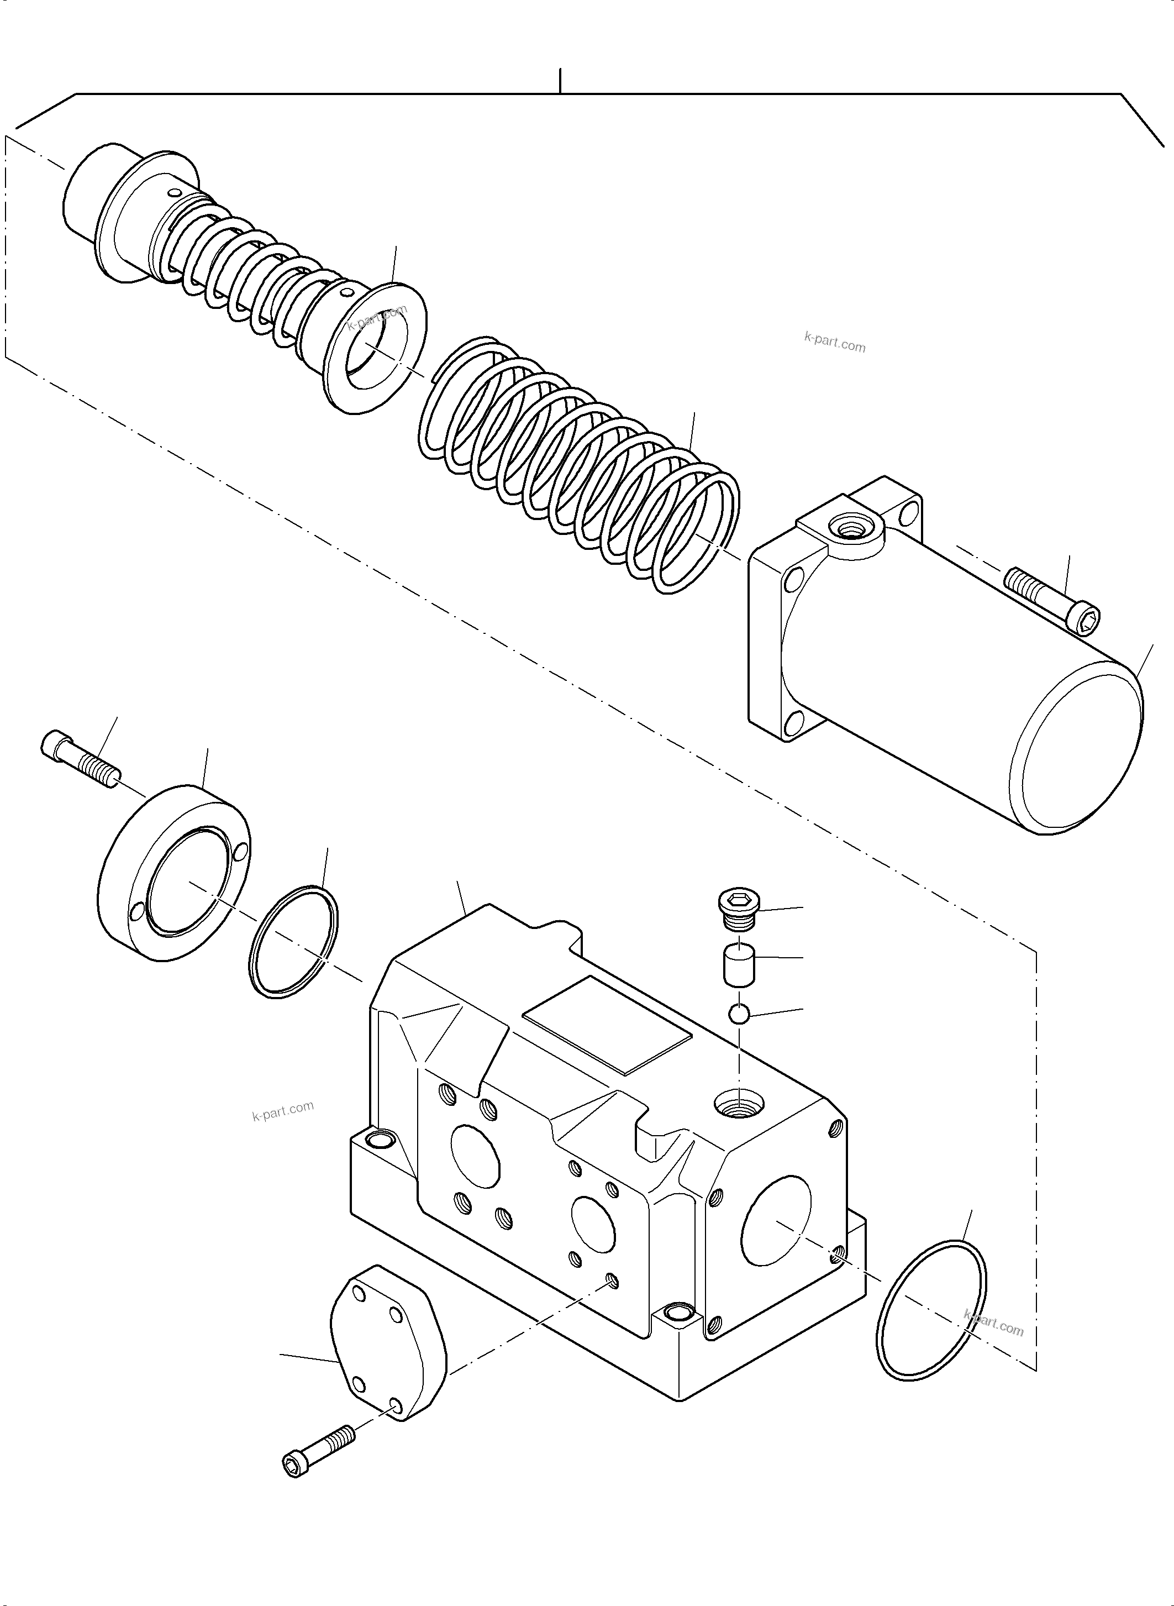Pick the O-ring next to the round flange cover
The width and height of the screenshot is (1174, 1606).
[294, 941]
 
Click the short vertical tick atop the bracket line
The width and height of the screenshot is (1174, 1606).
[561, 80]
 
